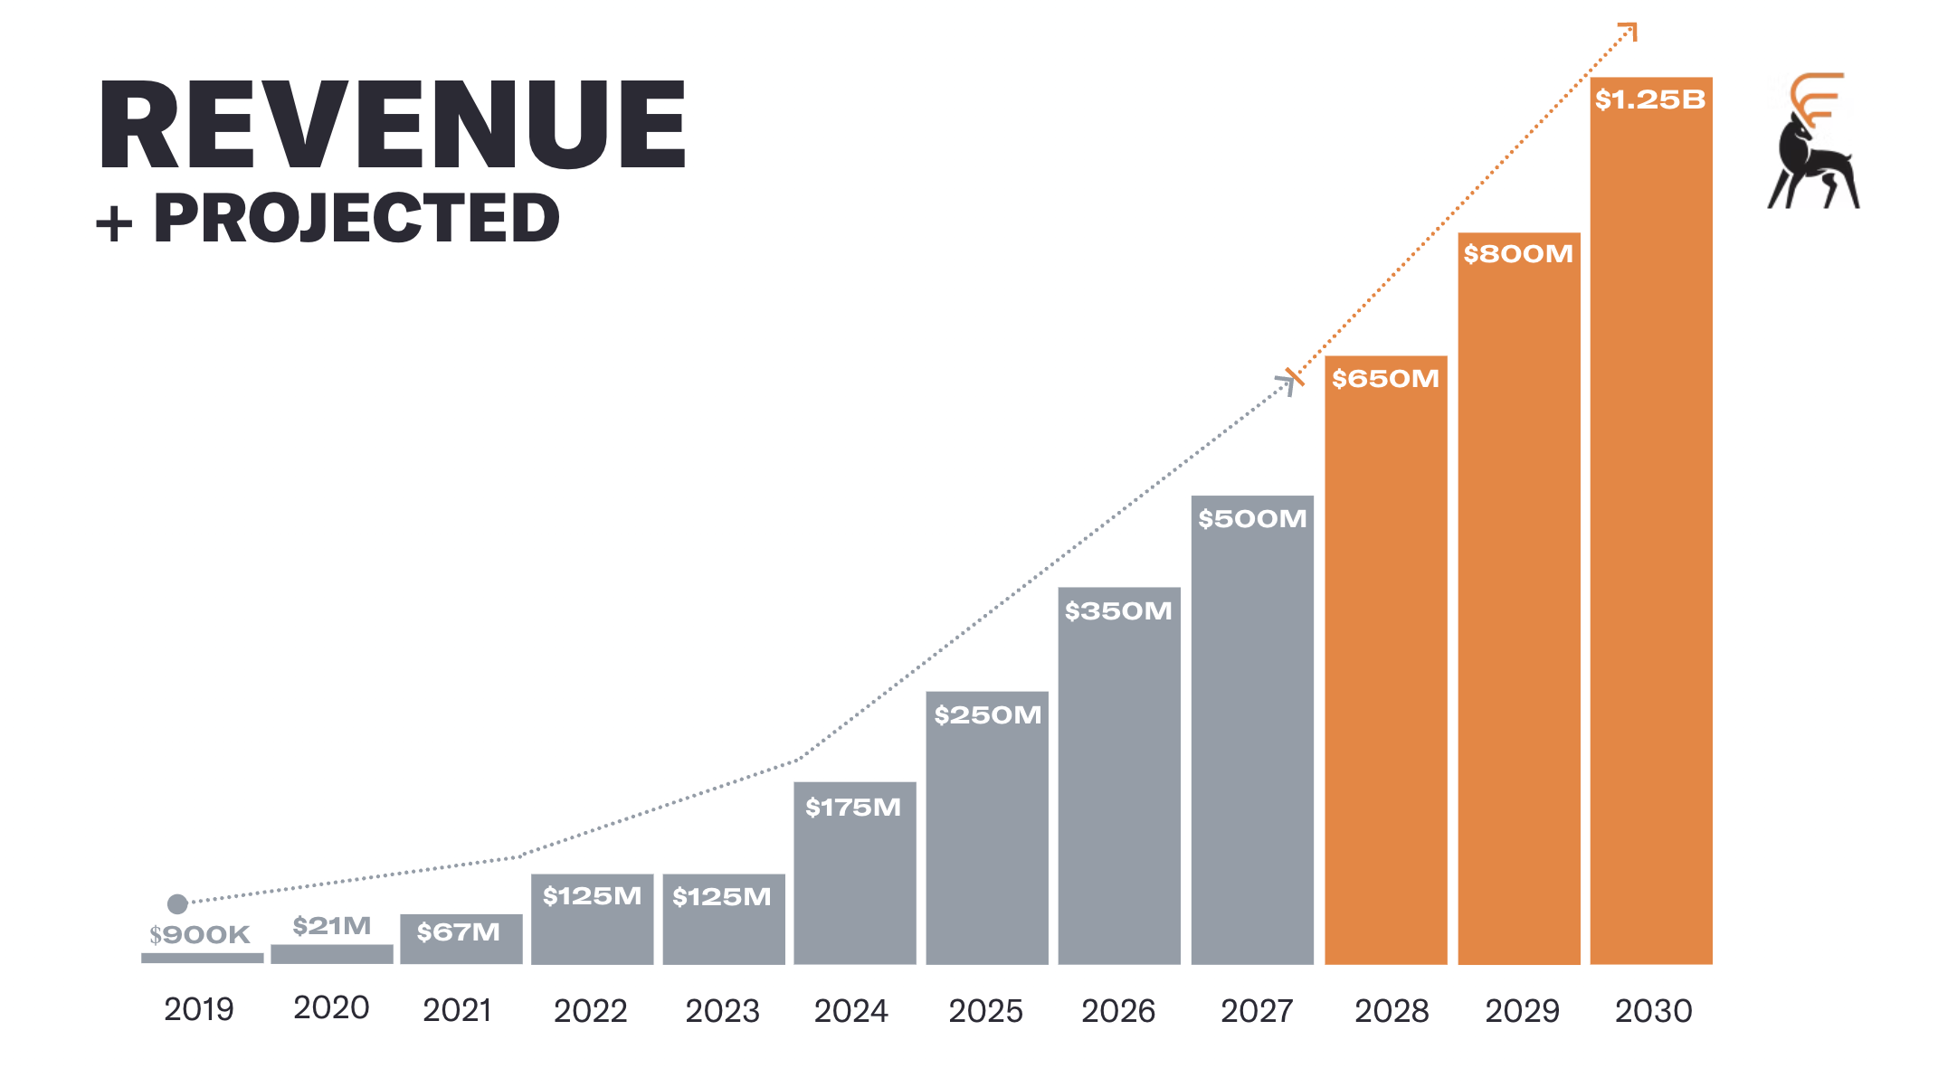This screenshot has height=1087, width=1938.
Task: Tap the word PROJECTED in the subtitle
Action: coord(356,219)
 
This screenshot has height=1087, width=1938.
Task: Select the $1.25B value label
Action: coord(1649,99)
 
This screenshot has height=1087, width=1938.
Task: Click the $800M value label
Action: coord(1518,254)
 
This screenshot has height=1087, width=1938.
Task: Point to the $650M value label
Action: coord(1385,379)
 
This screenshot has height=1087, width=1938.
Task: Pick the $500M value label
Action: coord(1252,519)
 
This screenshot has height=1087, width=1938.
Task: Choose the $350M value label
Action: coord(1118,611)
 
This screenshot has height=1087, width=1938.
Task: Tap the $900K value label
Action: coord(200,935)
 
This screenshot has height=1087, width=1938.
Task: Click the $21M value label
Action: coord(332,926)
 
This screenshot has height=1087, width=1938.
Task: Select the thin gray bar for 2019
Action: coord(203,958)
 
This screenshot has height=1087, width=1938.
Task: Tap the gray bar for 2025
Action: coord(987,841)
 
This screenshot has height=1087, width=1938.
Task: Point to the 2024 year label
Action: coord(850,1011)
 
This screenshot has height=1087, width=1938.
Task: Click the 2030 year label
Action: coord(1653,1011)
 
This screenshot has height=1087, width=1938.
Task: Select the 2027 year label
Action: coord(1256,1011)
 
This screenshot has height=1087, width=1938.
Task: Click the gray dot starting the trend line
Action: coord(177,903)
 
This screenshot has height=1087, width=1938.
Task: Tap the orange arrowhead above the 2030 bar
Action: coord(1629,32)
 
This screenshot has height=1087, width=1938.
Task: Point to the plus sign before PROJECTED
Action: coord(115,222)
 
